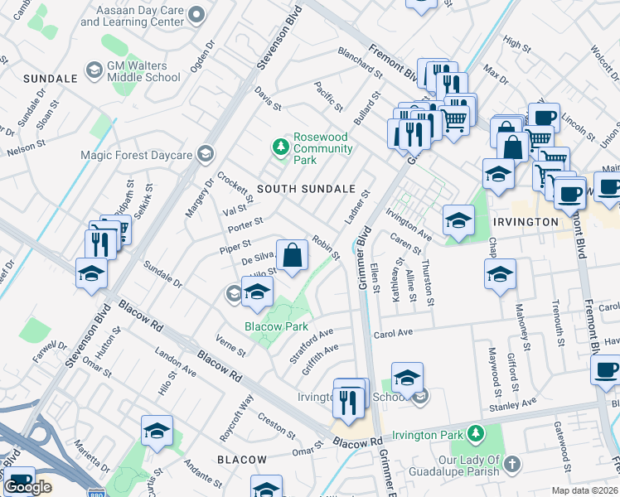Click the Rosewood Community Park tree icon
click(x=281, y=147)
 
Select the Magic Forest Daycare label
click(x=136, y=154)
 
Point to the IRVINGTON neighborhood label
click(x=525, y=223)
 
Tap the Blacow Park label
click(x=276, y=326)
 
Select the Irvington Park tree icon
click(x=475, y=433)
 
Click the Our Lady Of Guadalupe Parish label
click(x=458, y=466)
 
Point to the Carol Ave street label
click(x=393, y=334)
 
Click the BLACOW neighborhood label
click(x=242, y=460)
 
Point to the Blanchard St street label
click(x=359, y=62)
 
